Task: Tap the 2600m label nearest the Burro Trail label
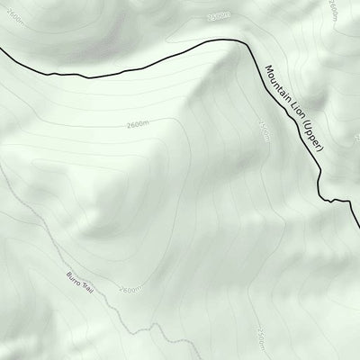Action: tap(130, 289)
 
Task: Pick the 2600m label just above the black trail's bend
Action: tap(218, 16)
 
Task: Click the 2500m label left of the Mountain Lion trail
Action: tap(265, 132)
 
